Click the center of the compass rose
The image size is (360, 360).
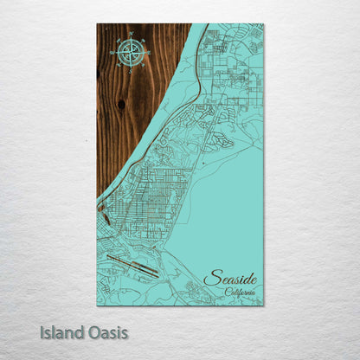(x=130, y=53)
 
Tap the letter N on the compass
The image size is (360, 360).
(x=130, y=35)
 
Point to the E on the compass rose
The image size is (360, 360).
(x=149, y=53)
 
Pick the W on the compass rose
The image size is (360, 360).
(x=112, y=53)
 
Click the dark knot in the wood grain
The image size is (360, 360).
(x=120, y=104)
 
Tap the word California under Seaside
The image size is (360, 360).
(x=240, y=292)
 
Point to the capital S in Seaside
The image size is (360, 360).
(x=210, y=278)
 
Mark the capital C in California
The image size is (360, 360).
(x=227, y=292)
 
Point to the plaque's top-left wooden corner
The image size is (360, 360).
(x=99, y=25)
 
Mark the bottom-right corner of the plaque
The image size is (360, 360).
(x=263, y=305)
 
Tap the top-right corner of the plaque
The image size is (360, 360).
(x=263, y=25)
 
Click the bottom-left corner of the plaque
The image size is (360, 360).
(x=99, y=305)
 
